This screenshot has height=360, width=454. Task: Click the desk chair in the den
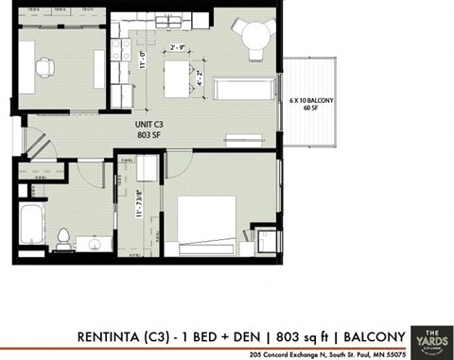[44, 67]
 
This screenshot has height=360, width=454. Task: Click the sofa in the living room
[245, 90]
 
